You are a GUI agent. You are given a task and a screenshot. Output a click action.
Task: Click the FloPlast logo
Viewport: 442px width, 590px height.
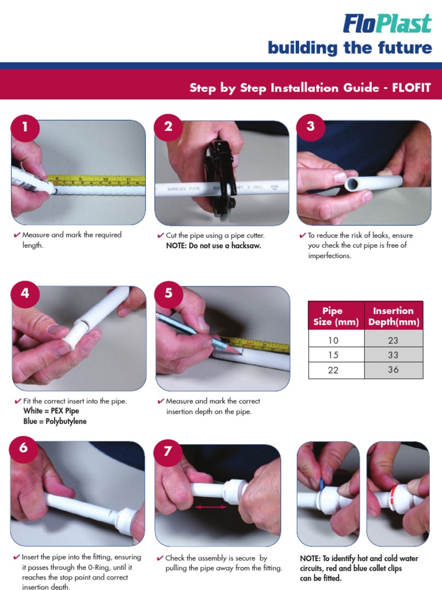[x=387, y=24]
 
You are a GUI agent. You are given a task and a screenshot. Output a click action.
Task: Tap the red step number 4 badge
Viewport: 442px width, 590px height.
[x=25, y=293]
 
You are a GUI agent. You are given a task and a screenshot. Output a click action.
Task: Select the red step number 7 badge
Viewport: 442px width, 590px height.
[x=168, y=451]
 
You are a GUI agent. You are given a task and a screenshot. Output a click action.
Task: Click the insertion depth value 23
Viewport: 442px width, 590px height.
[x=393, y=341]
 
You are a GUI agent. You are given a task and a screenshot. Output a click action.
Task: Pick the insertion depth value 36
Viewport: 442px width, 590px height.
[x=393, y=370]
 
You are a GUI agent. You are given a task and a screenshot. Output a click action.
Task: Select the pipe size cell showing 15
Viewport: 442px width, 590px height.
[x=333, y=355]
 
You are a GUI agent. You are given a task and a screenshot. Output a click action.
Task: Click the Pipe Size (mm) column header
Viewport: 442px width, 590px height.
[x=333, y=316]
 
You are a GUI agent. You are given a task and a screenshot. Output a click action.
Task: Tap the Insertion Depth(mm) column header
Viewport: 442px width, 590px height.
[x=393, y=316]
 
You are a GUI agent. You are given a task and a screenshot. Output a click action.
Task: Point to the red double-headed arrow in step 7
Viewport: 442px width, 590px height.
[x=211, y=507]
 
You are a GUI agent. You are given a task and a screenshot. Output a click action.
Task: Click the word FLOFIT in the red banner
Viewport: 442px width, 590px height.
[x=411, y=88]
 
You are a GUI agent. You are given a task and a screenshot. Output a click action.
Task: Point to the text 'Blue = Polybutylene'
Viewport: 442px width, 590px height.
[x=55, y=421]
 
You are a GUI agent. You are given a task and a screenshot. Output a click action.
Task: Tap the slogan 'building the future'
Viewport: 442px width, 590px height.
[x=349, y=48]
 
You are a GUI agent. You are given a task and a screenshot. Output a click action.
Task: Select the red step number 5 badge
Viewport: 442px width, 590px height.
[x=168, y=293]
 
